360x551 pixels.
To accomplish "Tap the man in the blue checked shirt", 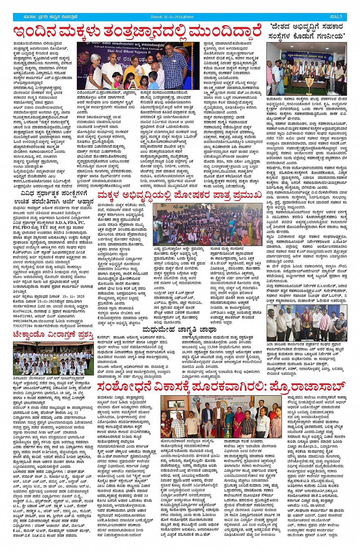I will (174, 69).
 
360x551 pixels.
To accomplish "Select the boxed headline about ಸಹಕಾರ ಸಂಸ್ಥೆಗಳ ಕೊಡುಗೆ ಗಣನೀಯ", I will (307, 31).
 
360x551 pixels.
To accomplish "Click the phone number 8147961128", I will (24, 311).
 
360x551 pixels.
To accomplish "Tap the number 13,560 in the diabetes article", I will (215, 347).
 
